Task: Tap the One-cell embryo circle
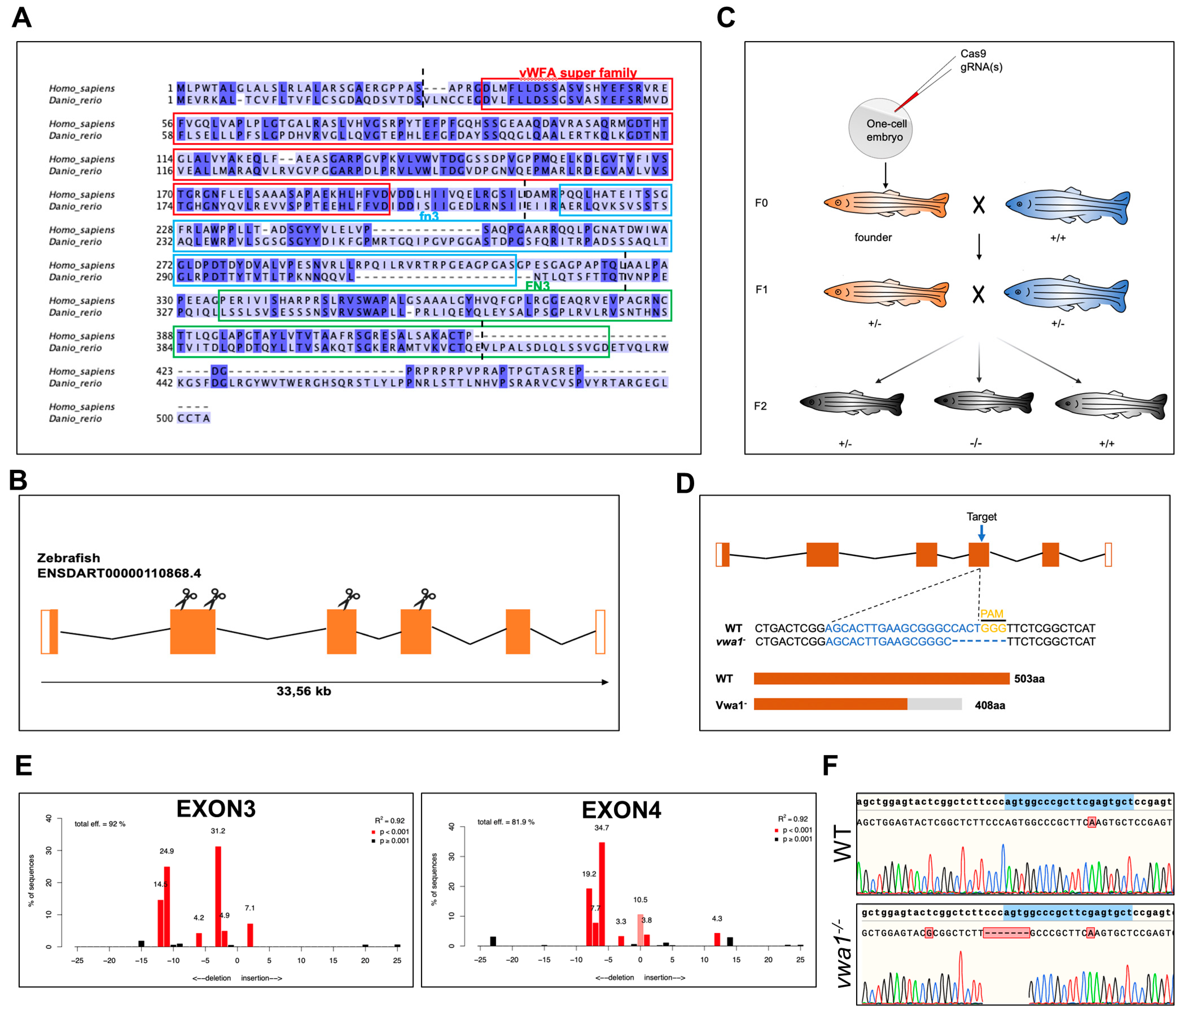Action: (880, 130)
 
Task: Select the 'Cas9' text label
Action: (973, 54)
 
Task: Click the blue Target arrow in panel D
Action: (981, 533)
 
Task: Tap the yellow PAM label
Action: (992, 614)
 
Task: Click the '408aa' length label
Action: (990, 705)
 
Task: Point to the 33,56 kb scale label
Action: (304, 691)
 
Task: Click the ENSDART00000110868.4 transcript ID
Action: (119, 573)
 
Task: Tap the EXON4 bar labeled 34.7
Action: (602, 894)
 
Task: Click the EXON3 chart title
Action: (216, 809)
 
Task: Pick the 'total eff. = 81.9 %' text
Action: (506, 822)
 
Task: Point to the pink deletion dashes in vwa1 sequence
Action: (1006, 933)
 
